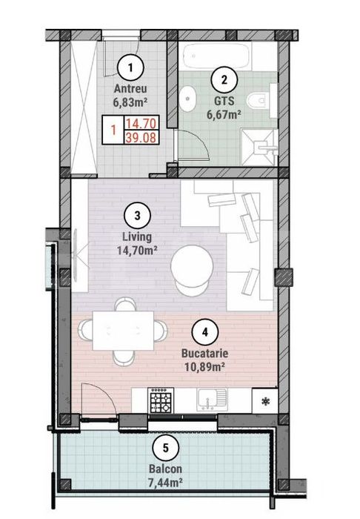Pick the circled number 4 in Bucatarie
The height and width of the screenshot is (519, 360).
[x=205, y=333]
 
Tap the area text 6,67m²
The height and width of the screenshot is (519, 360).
[x=224, y=114]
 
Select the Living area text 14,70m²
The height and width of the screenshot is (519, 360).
[x=137, y=250]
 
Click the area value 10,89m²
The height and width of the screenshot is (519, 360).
[x=205, y=366]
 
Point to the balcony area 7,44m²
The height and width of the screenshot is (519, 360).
[x=166, y=481]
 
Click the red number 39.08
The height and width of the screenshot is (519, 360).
[x=141, y=137]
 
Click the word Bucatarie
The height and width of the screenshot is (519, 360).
[x=205, y=353]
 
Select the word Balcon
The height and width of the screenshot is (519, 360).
[x=166, y=469]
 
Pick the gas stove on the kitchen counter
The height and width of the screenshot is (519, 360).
[x=160, y=401]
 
